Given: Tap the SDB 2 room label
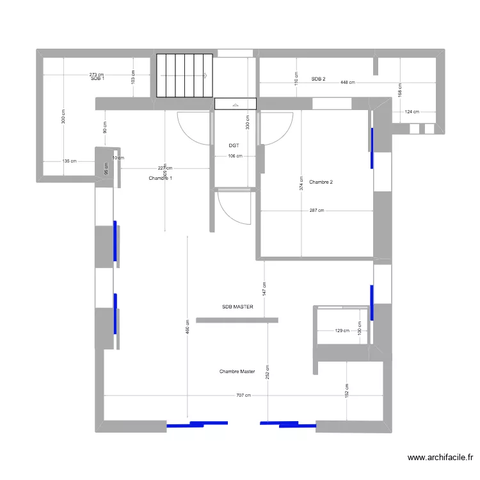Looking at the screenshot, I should point(318,79).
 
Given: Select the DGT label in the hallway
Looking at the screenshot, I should point(234,146).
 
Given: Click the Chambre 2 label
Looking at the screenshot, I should point(321,182).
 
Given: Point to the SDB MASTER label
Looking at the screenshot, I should point(237,307).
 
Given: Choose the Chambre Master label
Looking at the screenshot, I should point(237,371).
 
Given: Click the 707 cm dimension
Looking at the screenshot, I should point(243,396).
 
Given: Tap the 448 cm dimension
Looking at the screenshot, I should point(348,83).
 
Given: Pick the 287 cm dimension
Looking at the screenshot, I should point(316,211).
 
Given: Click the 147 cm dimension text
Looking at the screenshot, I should point(265,289).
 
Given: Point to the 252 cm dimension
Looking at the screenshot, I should point(268,371).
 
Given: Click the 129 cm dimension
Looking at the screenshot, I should point(342,331).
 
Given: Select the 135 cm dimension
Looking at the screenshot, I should point(68,161).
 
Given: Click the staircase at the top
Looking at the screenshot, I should point(184,76).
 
